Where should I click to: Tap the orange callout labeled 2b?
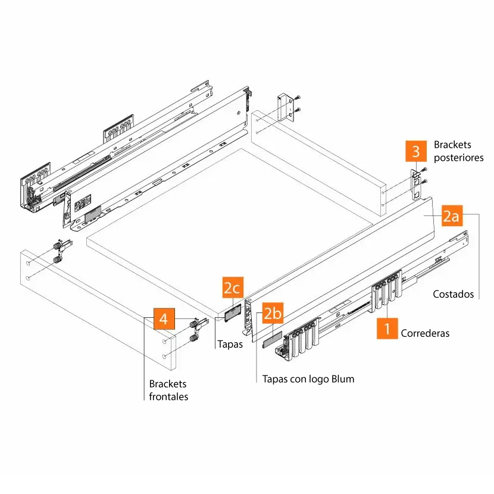click(x=273, y=313)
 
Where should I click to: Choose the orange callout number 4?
click(x=164, y=319)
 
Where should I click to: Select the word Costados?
click(x=453, y=294)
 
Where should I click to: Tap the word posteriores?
click(x=458, y=158)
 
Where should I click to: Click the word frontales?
click(x=168, y=396)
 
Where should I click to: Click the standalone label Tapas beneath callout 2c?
click(x=230, y=344)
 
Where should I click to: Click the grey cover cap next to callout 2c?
click(x=232, y=312)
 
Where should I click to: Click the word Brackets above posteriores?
click(x=452, y=145)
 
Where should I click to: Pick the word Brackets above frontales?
click(x=168, y=384)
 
